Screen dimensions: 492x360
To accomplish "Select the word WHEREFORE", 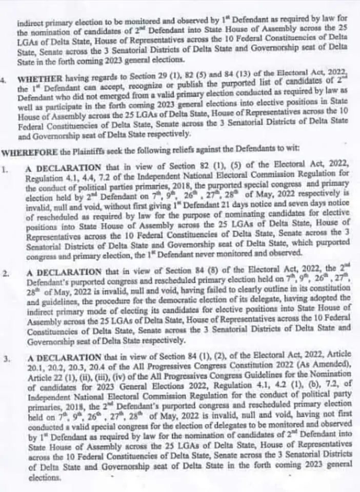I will pos(24,151).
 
